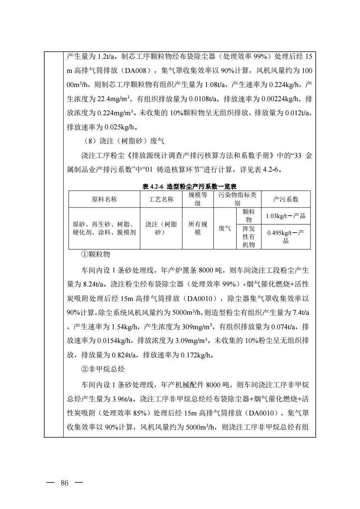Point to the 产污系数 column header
pyautogui.click(x=285, y=199)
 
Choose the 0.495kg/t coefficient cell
pyautogui.click(x=285, y=237)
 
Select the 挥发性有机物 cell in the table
pyautogui.click(x=247, y=237)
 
